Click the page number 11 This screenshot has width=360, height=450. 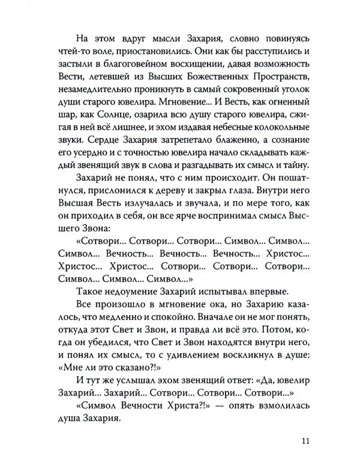pos(305,427)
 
